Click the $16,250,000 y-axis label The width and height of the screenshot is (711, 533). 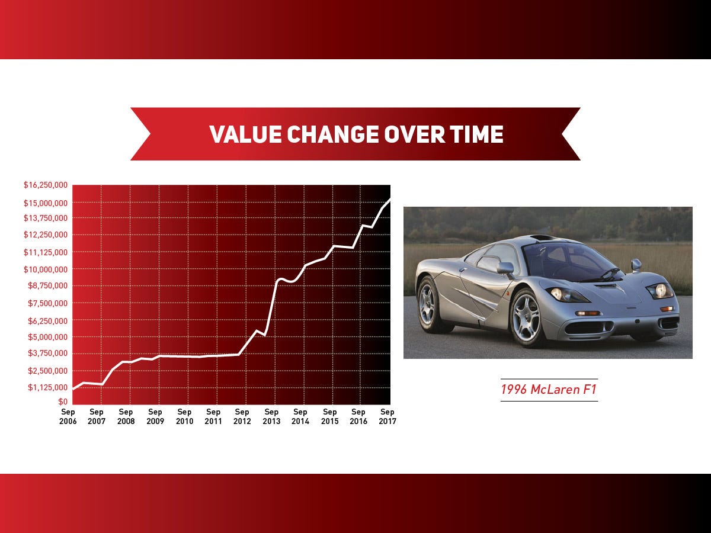point(46,185)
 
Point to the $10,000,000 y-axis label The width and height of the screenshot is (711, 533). point(46,269)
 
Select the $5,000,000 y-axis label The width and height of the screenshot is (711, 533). point(47,337)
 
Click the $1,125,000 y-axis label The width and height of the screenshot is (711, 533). point(47,387)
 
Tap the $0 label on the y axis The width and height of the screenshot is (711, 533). point(63,402)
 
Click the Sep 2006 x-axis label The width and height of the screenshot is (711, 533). point(68,416)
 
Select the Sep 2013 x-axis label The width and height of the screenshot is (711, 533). point(271,416)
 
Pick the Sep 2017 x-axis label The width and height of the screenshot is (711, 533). point(387,416)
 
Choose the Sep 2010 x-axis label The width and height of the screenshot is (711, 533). point(184,416)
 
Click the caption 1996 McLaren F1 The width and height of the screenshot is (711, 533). point(549,389)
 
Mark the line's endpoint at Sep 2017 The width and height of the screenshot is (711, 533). point(390,199)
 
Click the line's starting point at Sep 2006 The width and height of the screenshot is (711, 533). point(73,389)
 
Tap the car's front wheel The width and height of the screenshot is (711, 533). point(526,318)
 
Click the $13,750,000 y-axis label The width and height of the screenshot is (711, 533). point(46,218)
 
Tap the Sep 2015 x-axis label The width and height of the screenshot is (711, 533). point(330,416)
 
